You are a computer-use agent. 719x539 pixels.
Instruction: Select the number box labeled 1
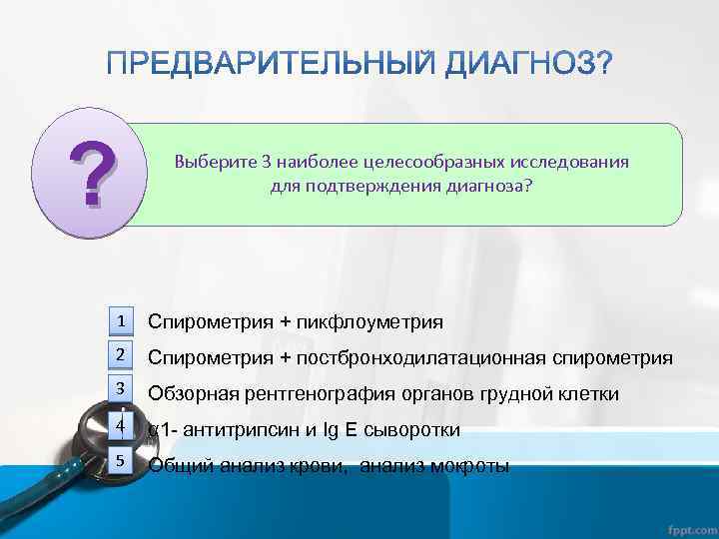click(x=120, y=321)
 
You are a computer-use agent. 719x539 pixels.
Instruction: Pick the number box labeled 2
click(x=120, y=356)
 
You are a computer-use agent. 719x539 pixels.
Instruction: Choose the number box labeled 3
click(x=120, y=390)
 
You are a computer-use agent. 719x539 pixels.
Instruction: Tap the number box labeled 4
click(x=120, y=426)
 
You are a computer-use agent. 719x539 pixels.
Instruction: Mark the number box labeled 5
click(x=120, y=461)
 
